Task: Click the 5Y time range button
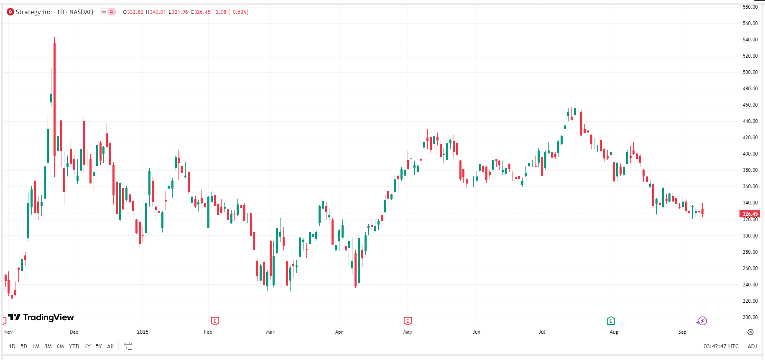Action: (x=99, y=346)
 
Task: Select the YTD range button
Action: (x=74, y=346)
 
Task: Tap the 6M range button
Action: (x=60, y=346)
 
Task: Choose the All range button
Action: (x=110, y=346)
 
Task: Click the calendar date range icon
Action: (x=128, y=346)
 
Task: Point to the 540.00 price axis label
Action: (x=750, y=40)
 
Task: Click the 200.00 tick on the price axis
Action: (x=750, y=317)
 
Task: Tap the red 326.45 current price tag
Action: (x=750, y=214)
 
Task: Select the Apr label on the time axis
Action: (x=339, y=332)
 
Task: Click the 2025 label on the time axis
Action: (x=143, y=332)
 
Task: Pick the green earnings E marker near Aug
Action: (x=611, y=321)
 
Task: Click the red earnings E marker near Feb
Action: (x=215, y=321)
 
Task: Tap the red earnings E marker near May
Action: (x=408, y=321)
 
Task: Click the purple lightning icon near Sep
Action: (x=702, y=321)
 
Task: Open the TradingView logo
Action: (x=41, y=317)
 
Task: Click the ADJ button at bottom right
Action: (x=752, y=346)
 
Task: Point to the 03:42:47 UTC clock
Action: (x=721, y=346)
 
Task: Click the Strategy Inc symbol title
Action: (x=54, y=12)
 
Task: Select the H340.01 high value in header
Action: (x=156, y=12)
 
